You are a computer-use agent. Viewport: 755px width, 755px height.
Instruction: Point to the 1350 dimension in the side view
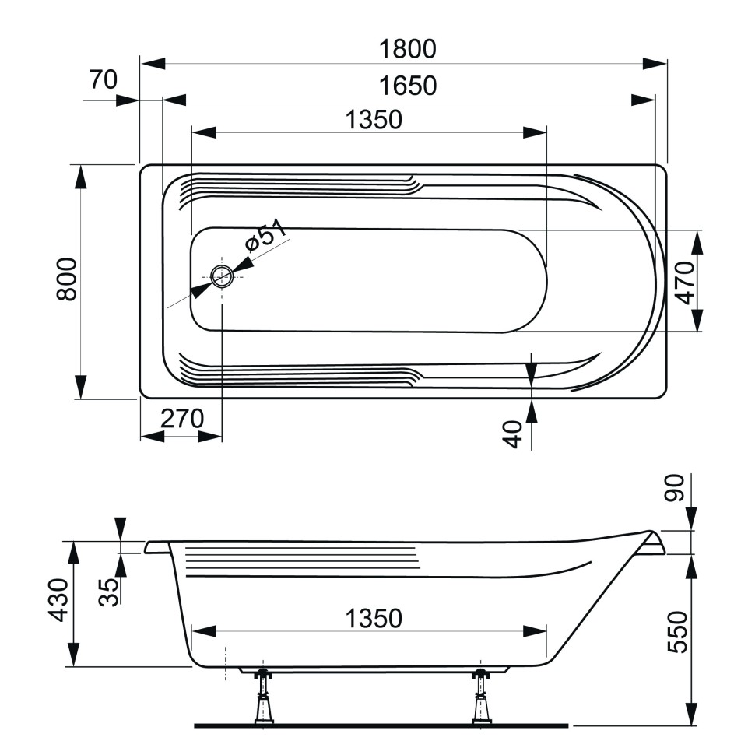point(374,619)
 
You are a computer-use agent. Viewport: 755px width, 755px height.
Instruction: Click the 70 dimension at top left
point(102,80)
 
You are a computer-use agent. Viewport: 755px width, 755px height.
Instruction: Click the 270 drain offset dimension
point(181,418)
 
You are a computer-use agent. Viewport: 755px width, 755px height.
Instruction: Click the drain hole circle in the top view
point(221,276)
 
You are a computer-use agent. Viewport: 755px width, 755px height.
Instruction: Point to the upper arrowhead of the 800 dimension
point(80,176)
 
